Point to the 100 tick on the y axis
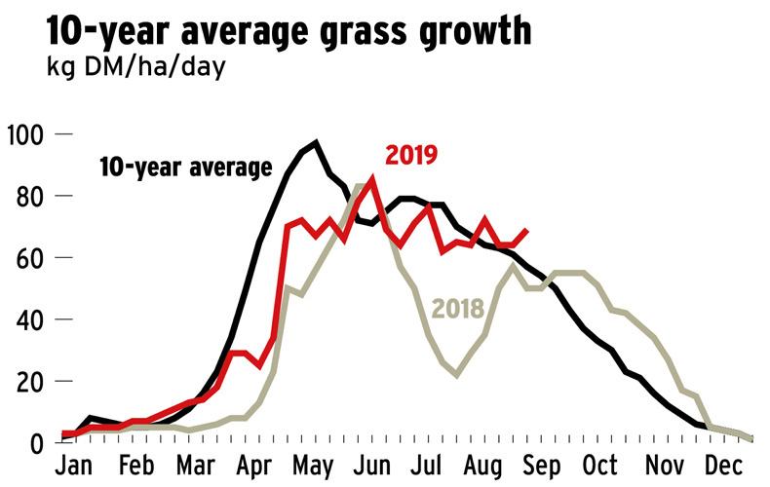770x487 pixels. click(x=25, y=133)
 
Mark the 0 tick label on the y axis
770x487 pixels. click(x=36, y=443)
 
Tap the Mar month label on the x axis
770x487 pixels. click(x=199, y=465)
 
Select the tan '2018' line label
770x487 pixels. click(x=458, y=309)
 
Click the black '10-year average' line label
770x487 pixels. click(x=185, y=168)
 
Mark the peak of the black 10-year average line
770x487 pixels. click(x=315, y=143)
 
